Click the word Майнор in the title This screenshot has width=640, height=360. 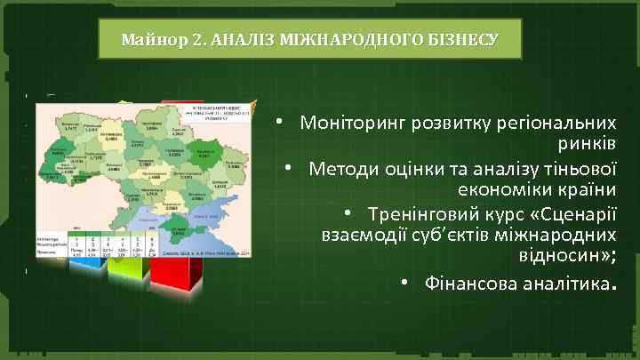148,39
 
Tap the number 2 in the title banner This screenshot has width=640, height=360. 182,39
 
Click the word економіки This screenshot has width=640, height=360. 497,190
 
